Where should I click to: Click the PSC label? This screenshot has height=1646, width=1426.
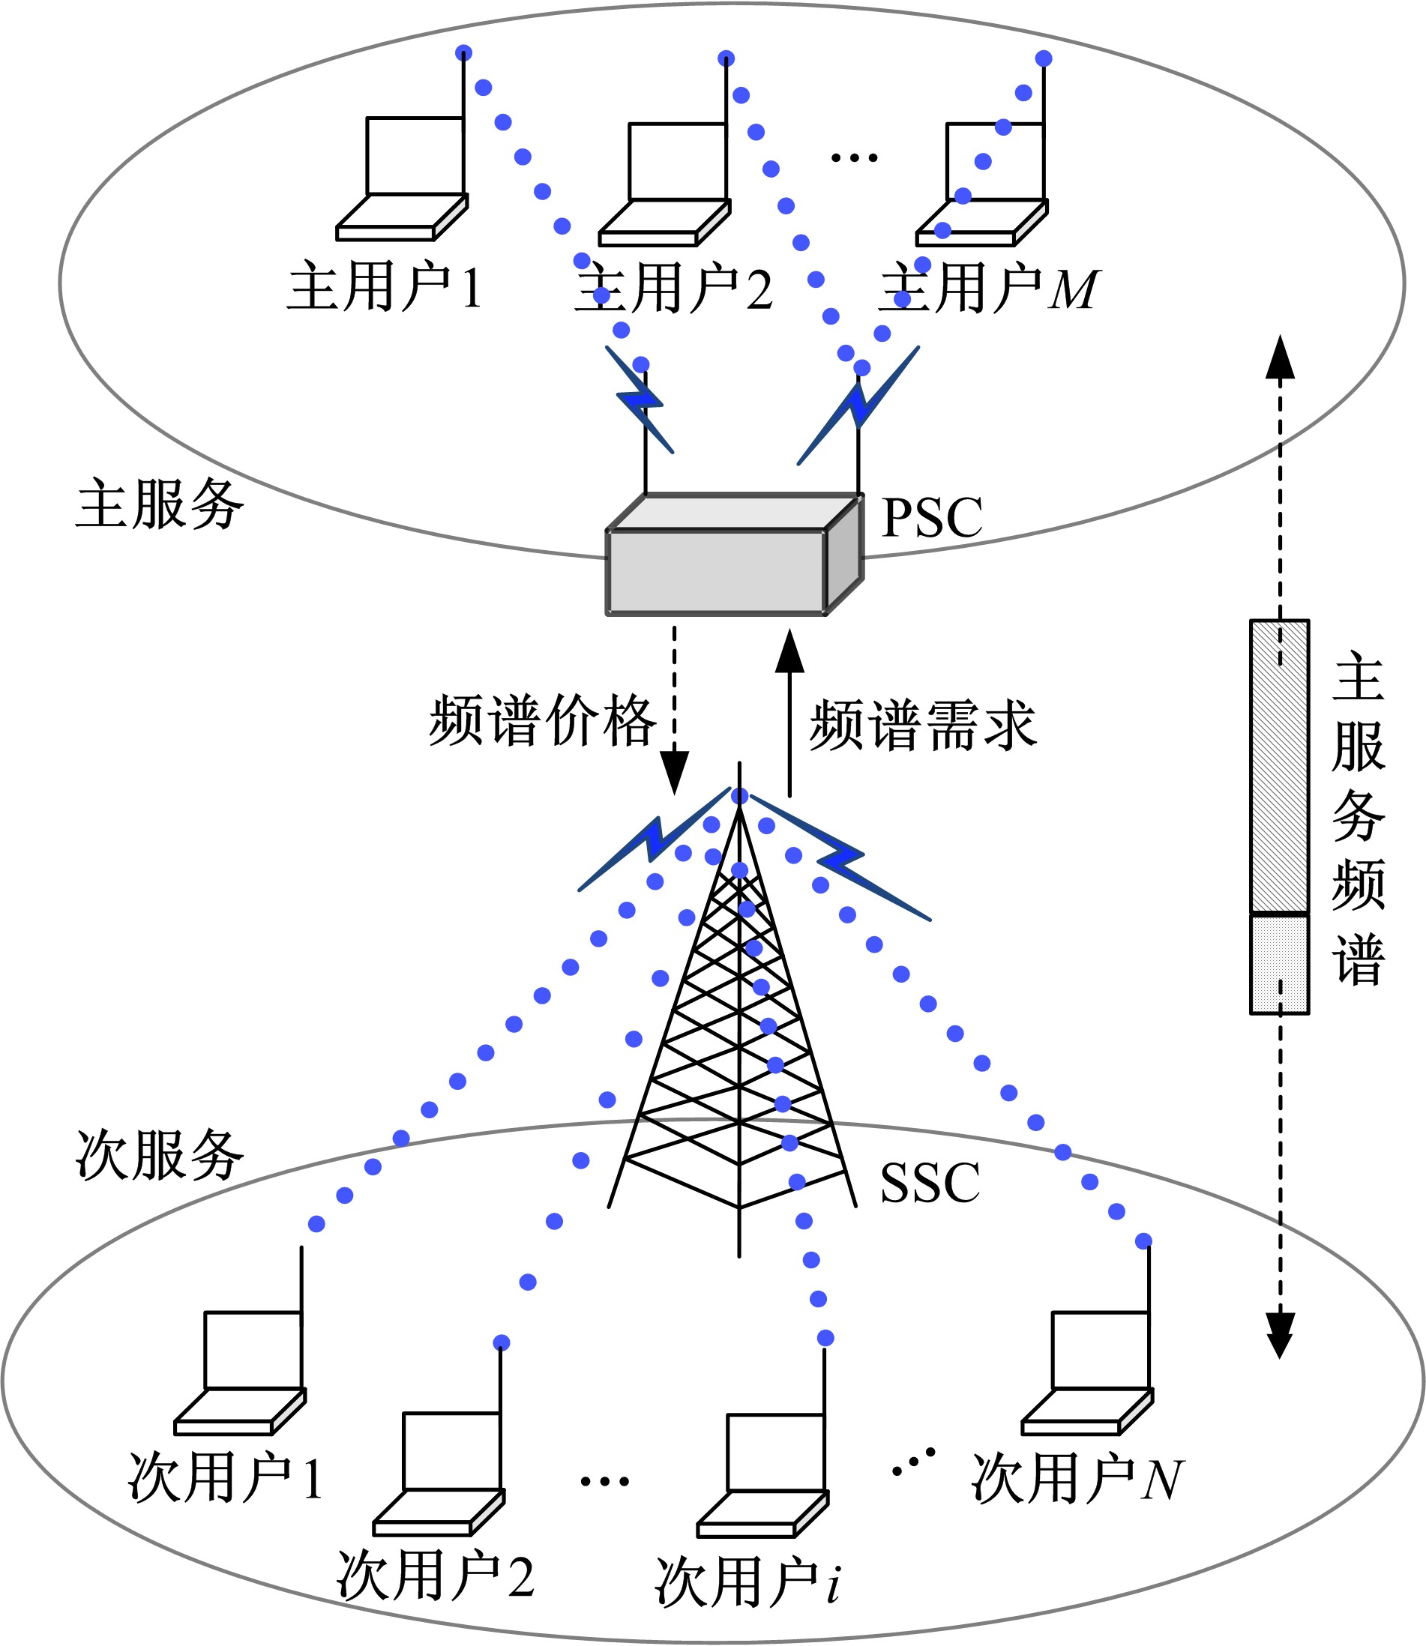click(x=932, y=518)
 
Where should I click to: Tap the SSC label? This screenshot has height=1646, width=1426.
click(x=930, y=1183)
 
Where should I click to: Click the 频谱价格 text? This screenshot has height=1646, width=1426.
click(x=543, y=721)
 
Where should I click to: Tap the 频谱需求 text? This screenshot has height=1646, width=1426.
click(x=923, y=726)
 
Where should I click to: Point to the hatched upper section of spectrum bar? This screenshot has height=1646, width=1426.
click(x=1279, y=767)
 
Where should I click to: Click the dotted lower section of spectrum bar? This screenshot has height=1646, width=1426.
click(x=1279, y=963)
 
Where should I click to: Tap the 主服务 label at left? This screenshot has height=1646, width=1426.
click(x=159, y=504)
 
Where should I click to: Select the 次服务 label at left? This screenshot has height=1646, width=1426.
click(x=159, y=1154)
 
